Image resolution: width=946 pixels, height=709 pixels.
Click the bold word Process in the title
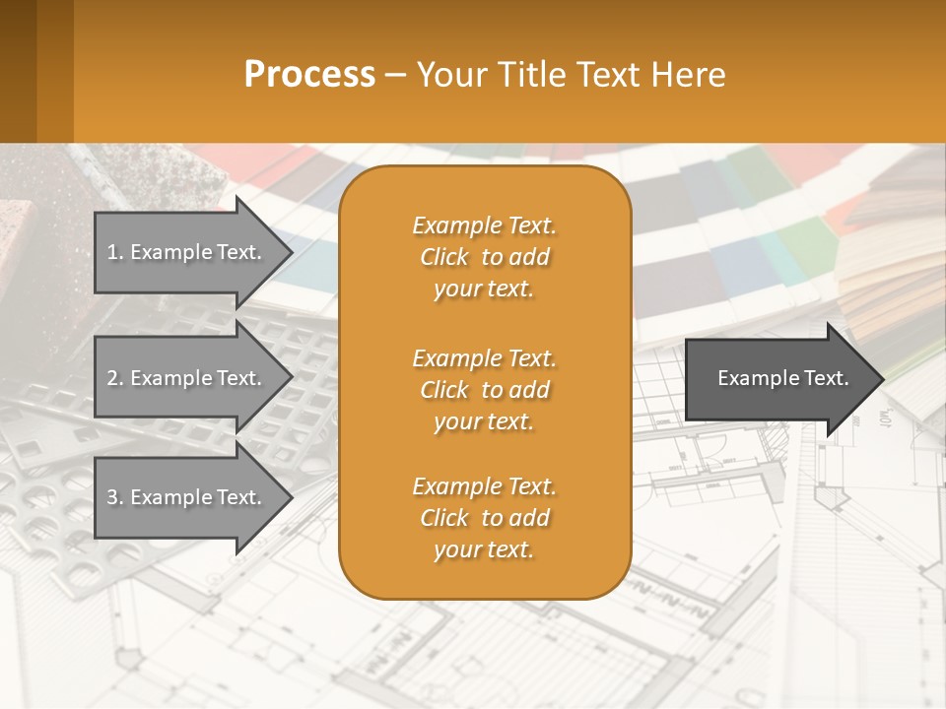click(x=309, y=75)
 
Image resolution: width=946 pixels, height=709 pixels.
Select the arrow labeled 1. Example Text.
click(x=187, y=252)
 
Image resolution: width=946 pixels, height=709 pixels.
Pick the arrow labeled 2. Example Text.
click(x=187, y=378)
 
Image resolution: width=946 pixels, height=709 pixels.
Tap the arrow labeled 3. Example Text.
click(x=187, y=497)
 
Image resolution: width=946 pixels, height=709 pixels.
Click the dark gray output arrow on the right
click(x=778, y=378)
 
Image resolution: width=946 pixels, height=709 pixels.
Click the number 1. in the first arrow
click(x=115, y=252)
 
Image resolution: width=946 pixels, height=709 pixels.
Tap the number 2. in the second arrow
click(x=115, y=378)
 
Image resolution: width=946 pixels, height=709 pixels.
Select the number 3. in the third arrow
click(x=115, y=497)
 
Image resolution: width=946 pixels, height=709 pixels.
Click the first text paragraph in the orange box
click(x=484, y=257)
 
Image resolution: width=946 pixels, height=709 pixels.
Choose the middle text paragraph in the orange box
click(x=484, y=390)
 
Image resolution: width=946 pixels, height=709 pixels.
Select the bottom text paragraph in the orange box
click(x=484, y=518)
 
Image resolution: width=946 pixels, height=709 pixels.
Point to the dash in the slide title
click(x=395, y=76)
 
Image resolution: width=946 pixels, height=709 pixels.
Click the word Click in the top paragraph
click(x=443, y=258)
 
